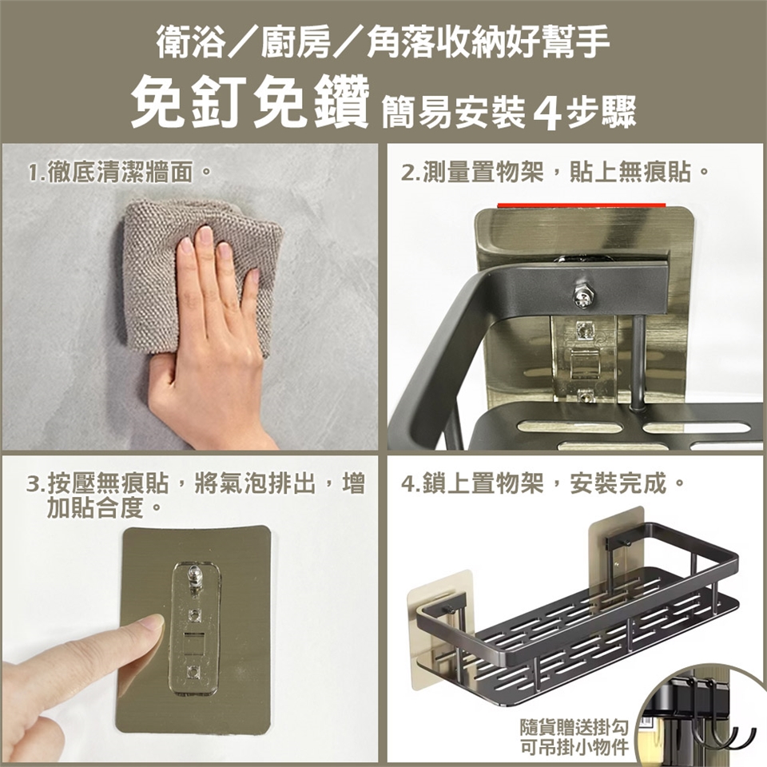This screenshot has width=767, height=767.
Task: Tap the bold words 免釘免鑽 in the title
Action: pos(249,104)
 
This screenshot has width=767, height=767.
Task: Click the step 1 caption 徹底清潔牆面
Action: pos(120,173)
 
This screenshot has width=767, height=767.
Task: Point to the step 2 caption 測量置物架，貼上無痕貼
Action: pos(554,173)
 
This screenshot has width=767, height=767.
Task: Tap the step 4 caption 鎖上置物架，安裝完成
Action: pos(542,484)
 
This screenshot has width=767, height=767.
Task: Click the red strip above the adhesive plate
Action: pos(582,205)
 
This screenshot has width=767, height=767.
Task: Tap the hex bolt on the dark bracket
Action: pos(583,296)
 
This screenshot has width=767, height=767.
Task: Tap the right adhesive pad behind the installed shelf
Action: pos(618,538)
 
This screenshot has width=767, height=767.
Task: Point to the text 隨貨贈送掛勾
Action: pos(574,727)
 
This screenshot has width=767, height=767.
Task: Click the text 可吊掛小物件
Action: pos(574,747)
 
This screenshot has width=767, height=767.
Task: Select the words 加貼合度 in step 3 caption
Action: pos(95,509)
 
